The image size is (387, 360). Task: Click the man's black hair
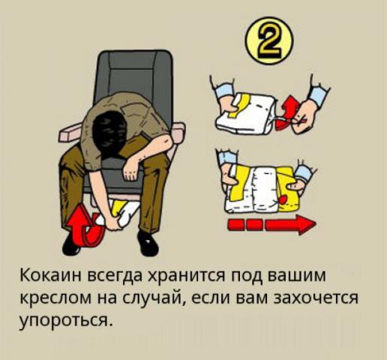point(112,132)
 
